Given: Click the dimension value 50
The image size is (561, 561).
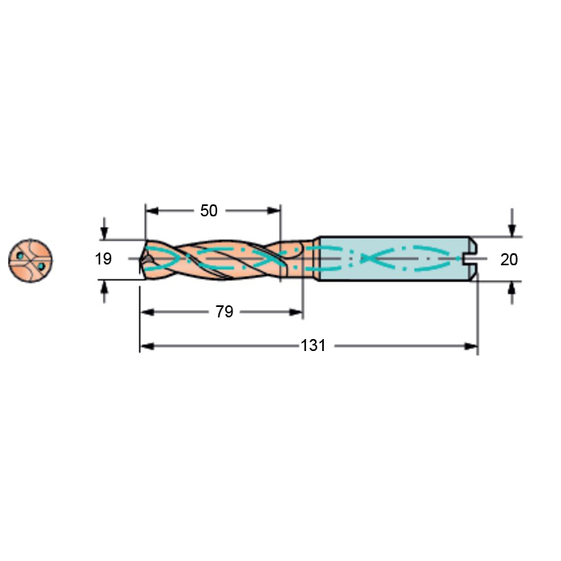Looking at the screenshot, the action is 208,211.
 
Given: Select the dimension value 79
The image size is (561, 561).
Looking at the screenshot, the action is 224,312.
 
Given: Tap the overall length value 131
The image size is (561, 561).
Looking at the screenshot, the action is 313,345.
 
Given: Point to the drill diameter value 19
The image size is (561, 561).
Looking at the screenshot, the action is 103,259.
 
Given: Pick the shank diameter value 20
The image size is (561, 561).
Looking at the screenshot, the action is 509,260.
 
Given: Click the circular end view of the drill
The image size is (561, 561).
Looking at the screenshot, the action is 30,260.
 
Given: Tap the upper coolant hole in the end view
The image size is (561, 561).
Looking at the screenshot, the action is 20,256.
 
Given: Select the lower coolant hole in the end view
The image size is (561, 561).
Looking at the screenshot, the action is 41,266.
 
